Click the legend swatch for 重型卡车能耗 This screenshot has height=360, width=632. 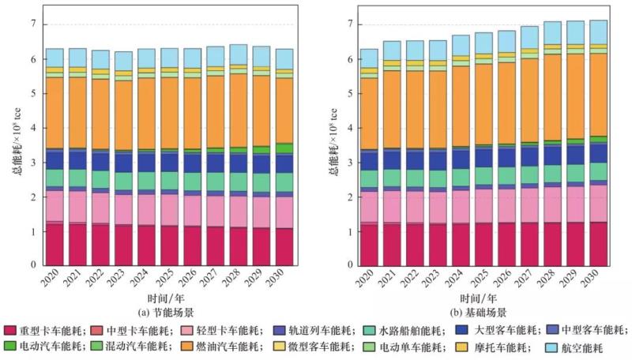tap(10, 330)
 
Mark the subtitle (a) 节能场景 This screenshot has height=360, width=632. tap(169, 312)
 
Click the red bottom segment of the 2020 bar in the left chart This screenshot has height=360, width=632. tap(54, 245)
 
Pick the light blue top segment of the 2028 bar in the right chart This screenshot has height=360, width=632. tap(551, 32)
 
